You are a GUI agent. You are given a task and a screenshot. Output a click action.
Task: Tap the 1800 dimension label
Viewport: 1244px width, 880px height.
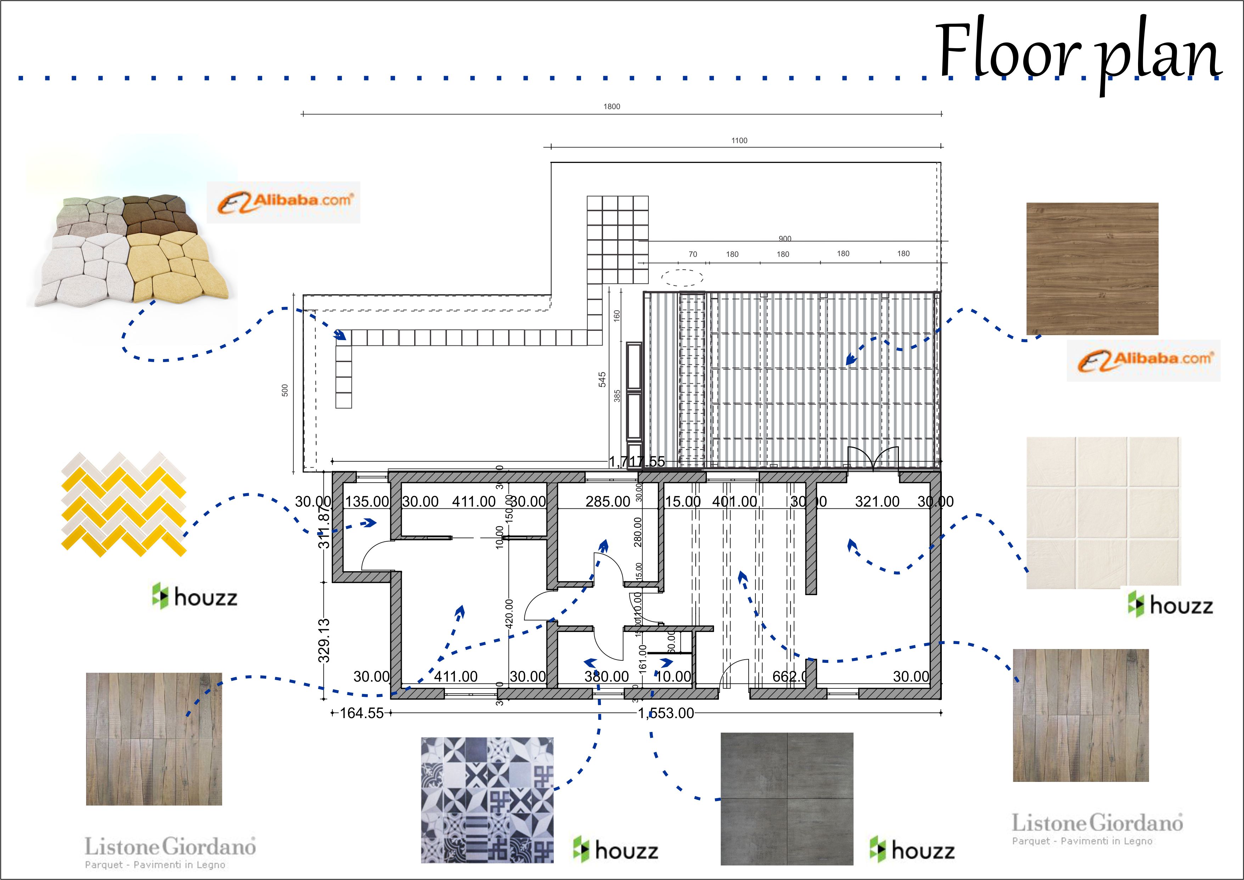pos(612,107)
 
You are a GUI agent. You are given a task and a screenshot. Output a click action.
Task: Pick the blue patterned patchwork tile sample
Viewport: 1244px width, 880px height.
pos(488,800)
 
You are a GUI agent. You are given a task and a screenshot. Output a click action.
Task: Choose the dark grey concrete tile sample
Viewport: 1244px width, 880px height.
pos(787,799)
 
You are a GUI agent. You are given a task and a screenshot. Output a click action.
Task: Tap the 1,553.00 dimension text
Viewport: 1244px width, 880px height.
pos(666,713)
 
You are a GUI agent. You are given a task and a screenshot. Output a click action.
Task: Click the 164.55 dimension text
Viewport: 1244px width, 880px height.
pos(361,713)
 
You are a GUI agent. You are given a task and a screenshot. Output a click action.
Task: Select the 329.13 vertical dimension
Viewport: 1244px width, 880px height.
pos(324,640)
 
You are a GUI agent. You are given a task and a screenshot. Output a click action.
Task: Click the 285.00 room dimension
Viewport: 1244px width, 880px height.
pos(607,502)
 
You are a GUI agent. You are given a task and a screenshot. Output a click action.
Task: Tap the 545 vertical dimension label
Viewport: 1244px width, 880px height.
pos(602,379)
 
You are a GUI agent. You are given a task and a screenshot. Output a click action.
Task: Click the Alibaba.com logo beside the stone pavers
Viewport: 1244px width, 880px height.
pos(283,202)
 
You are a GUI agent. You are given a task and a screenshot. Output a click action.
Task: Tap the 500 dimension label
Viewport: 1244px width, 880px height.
pos(285,390)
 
